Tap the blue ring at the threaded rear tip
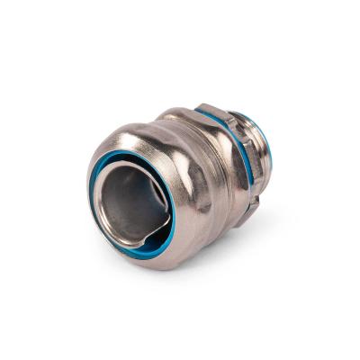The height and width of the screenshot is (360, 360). point(270,148)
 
